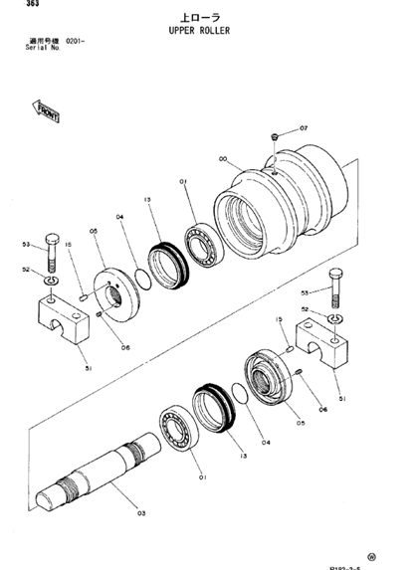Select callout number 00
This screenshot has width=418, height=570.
coord(222,157)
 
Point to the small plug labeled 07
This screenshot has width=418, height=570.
coord(275,137)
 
